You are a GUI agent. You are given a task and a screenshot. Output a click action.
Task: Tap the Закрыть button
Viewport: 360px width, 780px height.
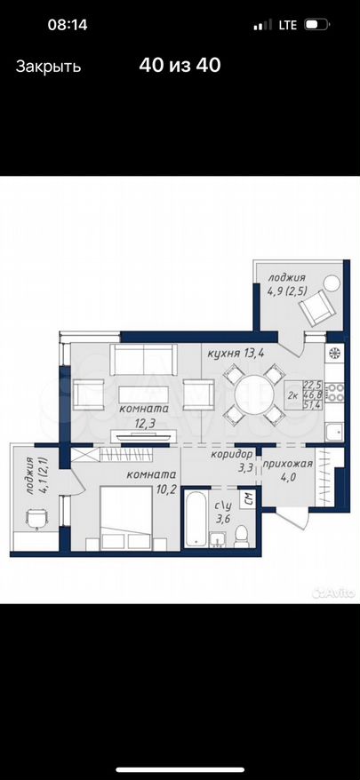[48, 67]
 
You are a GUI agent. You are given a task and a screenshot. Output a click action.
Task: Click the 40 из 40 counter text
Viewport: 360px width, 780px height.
[180, 65]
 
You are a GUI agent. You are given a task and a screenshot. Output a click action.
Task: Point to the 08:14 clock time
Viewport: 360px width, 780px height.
[68, 24]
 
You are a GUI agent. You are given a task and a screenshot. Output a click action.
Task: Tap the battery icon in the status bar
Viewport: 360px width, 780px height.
[316, 24]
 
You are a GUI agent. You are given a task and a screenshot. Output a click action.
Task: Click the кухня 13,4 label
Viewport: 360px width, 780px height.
[236, 354]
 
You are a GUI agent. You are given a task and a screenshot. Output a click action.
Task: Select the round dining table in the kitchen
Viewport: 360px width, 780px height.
[254, 394]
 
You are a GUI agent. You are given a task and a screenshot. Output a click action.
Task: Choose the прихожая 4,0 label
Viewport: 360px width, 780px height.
[287, 471]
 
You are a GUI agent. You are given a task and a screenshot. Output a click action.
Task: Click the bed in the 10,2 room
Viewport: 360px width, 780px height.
[126, 517]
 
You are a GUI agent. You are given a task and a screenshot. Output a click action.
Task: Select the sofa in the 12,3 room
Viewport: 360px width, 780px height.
[143, 359]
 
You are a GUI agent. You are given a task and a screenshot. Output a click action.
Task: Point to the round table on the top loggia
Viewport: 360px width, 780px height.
[332, 284]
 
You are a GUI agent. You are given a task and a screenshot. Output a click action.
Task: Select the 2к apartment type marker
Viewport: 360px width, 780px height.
[293, 395]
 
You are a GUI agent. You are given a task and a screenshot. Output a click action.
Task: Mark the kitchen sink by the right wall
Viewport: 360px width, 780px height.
[333, 431]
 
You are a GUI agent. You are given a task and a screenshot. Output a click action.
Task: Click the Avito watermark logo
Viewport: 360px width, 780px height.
[333, 592]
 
